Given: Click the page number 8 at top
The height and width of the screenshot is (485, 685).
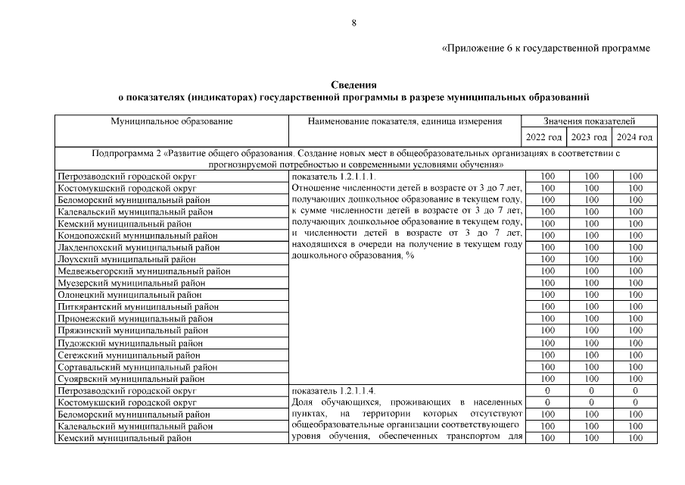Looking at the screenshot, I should coord(353,23).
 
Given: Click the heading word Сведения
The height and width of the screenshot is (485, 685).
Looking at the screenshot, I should coord(353,84).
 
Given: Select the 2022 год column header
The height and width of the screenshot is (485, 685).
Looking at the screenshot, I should coord(544,137).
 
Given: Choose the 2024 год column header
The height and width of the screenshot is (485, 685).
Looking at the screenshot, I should coord(634,137).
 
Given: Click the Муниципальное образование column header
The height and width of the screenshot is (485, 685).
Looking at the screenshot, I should coord(172,121).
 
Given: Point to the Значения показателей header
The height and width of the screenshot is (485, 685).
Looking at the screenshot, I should coord(589,121).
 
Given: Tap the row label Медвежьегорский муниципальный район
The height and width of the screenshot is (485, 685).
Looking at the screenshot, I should coord(144,271).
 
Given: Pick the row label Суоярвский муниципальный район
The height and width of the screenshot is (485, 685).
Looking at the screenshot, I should coord(131,379).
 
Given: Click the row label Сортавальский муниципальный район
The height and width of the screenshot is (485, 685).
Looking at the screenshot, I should coord(137,367).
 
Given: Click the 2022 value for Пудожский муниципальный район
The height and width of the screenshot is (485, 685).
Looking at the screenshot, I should coord(544,343).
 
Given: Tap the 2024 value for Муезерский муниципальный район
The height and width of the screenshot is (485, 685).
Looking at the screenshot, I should coord(634,283).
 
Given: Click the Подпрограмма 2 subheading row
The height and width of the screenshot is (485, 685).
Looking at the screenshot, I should coord(353,158).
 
